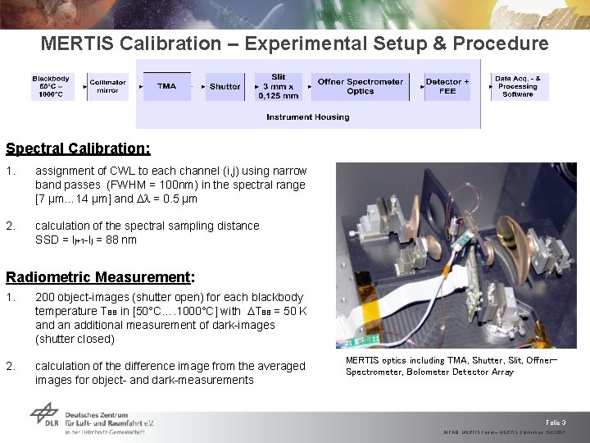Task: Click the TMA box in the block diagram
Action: [166, 86]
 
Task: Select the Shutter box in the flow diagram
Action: [225, 86]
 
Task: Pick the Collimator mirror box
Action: [107, 86]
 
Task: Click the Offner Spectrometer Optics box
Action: [360, 86]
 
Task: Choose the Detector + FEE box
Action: [447, 86]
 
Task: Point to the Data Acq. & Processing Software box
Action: [517, 86]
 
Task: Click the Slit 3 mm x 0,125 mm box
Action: [279, 86]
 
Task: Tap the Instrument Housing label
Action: [307, 117]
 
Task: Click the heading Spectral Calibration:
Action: [78, 148]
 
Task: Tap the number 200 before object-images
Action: [45, 297]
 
